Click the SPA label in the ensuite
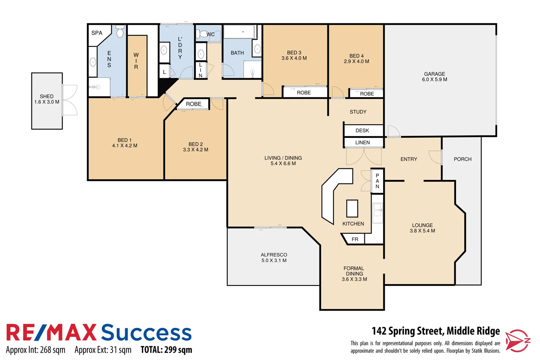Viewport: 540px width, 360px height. [x=97, y=33]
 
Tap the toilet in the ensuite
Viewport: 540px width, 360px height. [x=120, y=32]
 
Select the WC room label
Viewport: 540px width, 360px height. [x=210, y=34]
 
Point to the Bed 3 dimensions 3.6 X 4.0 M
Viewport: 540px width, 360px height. [x=294, y=58]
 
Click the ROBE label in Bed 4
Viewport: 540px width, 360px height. [x=367, y=94]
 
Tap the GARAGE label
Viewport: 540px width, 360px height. [x=434, y=74]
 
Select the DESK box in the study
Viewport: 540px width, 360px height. [x=362, y=131]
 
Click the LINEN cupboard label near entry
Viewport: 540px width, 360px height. [x=362, y=143]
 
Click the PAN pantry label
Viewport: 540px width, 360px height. [x=377, y=181]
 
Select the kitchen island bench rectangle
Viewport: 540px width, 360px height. [x=352, y=209]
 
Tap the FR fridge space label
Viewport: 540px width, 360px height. [x=355, y=239]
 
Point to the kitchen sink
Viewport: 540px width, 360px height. [x=377, y=210]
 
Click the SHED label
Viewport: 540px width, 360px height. [x=47, y=96]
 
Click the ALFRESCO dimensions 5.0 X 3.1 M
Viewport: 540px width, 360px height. [x=274, y=261]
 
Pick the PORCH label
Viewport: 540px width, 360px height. [x=462, y=159]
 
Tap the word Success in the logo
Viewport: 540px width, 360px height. [x=146, y=333]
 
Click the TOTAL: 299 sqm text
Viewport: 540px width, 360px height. [x=166, y=350]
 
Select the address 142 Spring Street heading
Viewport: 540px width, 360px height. [x=436, y=331]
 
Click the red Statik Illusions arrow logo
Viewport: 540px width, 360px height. [x=517, y=341]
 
